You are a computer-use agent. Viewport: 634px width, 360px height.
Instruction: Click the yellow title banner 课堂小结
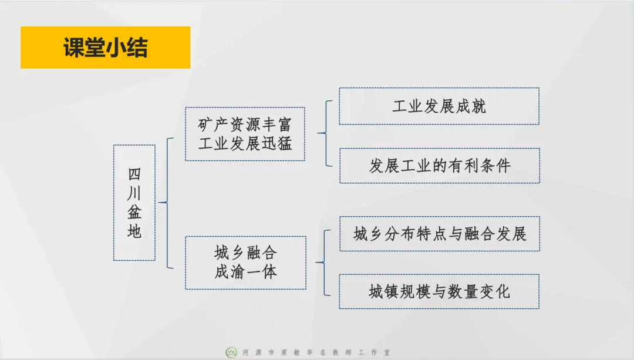point(106,48)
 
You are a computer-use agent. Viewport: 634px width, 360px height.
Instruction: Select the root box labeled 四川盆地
point(134,203)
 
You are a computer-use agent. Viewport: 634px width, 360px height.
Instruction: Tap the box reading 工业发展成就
point(439,106)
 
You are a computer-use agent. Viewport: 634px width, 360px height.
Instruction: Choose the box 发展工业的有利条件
point(439,166)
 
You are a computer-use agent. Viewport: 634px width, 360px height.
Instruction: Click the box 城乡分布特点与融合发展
point(439,234)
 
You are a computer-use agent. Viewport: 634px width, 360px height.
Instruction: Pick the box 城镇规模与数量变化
point(439,291)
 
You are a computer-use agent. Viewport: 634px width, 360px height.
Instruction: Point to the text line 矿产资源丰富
point(245,125)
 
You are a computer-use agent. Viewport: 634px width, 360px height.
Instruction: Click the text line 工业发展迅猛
point(245,143)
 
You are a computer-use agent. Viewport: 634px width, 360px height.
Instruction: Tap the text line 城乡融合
point(245,253)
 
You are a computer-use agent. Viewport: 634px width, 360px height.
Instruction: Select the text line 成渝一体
point(245,272)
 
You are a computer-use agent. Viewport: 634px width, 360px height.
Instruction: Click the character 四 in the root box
point(134,174)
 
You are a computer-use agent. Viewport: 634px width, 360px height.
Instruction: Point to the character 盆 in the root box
point(134,212)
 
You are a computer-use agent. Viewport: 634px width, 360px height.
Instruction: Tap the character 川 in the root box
point(134,193)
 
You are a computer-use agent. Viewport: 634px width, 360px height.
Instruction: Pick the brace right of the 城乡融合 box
point(322,263)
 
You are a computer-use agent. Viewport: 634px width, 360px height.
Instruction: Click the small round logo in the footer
point(231,352)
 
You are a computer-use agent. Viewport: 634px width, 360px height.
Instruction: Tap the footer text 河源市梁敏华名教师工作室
point(316,353)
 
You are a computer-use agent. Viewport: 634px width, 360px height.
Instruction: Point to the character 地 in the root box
point(134,231)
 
